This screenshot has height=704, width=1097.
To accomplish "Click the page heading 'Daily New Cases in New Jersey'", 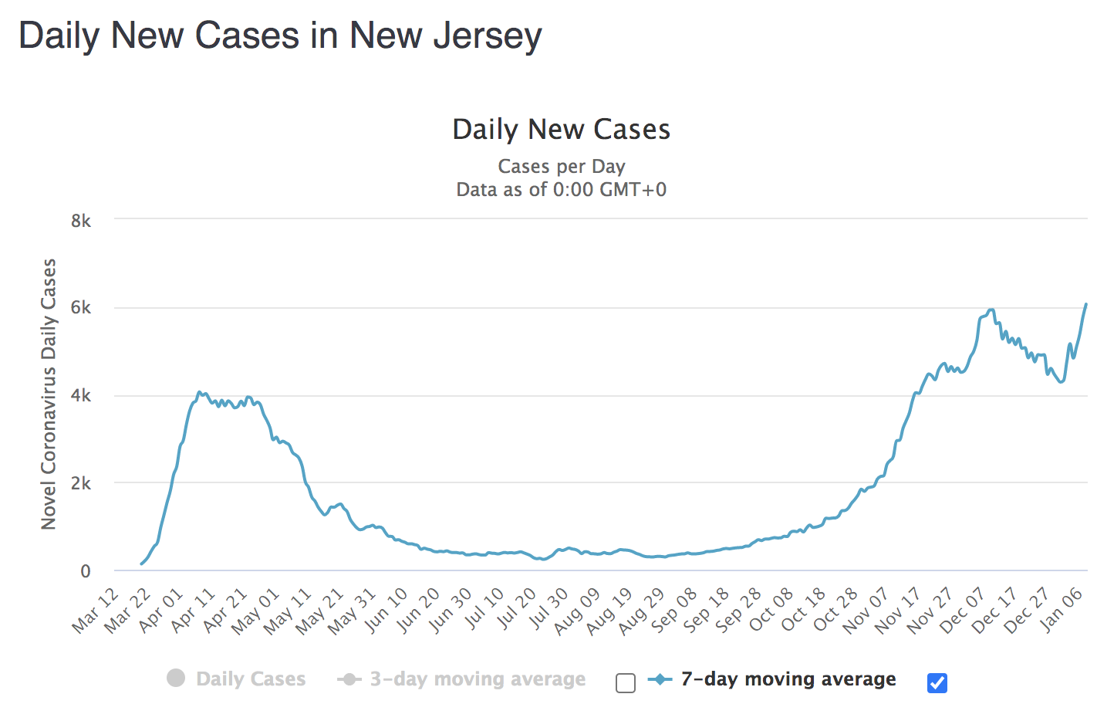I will (x=280, y=36).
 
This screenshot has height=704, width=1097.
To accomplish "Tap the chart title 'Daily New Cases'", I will (x=561, y=130).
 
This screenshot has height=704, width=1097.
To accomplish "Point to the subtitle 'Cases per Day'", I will (x=561, y=167).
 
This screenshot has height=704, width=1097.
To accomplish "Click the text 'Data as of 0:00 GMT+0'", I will (x=561, y=190).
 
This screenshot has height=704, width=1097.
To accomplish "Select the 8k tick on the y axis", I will (x=81, y=221).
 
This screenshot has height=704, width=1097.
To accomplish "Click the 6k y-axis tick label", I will (x=81, y=308).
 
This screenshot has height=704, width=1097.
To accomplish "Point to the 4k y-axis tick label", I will (x=81, y=396).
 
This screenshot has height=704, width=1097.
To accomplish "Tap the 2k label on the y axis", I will (x=81, y=484).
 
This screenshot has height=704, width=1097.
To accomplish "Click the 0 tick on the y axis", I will (x=86, y=572).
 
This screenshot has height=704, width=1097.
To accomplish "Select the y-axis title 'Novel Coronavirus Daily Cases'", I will (x=49, y=394).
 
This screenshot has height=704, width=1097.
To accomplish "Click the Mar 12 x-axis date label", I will (x=96, y=610).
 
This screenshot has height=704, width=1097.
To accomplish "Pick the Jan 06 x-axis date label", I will (x=1063, y=610).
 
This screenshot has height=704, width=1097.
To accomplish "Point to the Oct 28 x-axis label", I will (x=837, y=610).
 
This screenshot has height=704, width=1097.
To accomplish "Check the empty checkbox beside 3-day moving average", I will (x=626, y=683).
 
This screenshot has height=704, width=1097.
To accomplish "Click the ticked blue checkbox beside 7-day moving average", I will (x=937, y=683).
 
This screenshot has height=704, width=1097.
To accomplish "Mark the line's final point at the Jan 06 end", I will (x=1086, y=304).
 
